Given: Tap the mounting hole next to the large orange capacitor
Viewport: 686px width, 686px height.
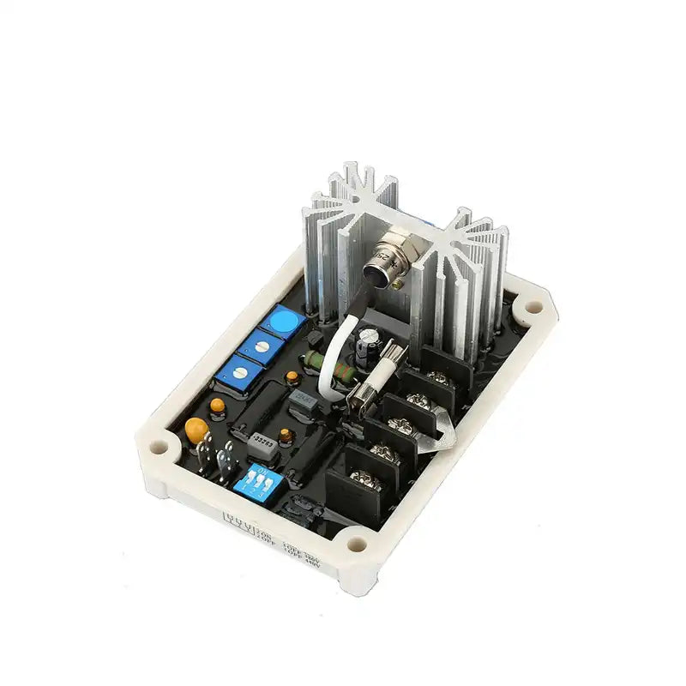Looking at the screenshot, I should click(159, 447).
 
